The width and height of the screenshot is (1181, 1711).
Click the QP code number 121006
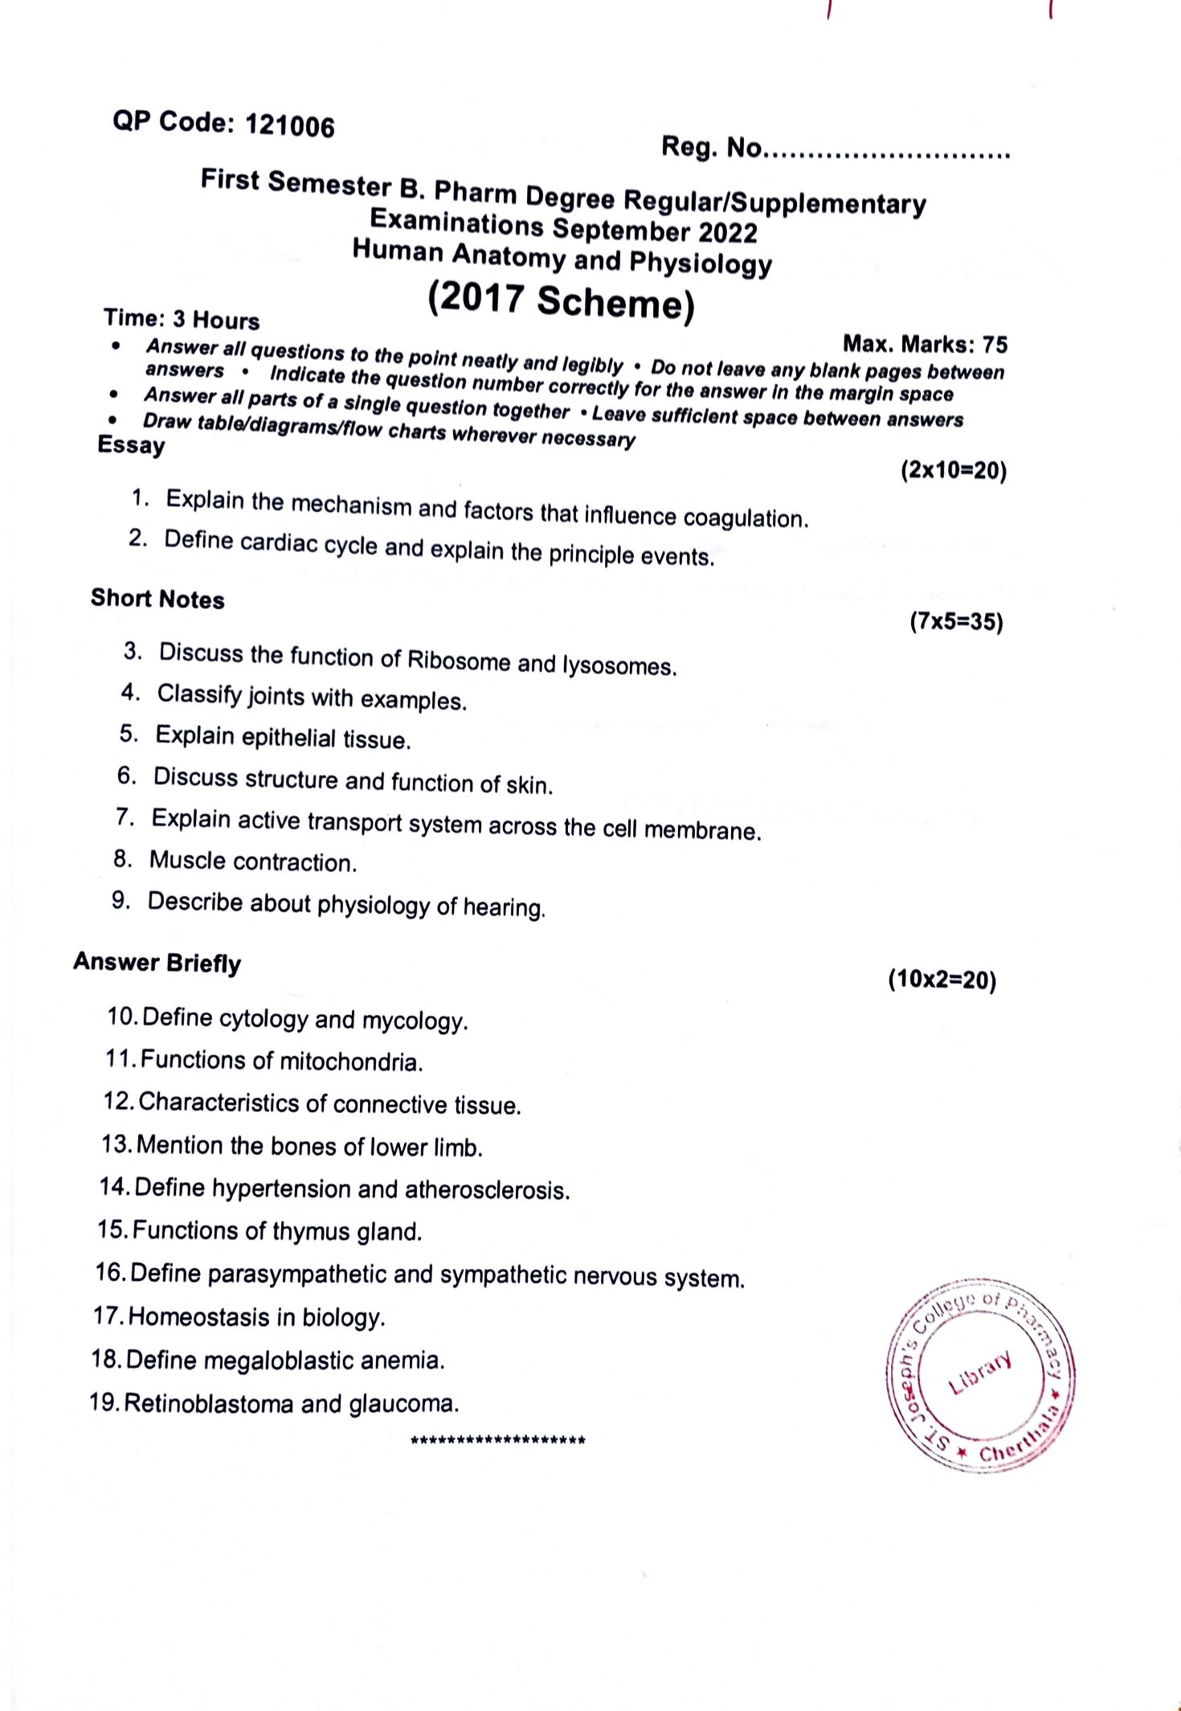pyautogui.click(x=289, y=126)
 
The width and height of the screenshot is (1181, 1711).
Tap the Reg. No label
pyautogui.click(x=710, y=147)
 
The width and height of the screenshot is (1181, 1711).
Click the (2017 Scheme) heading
pyautogui.click(x=561, y=301)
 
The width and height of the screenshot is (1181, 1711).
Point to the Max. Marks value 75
pyautogui.click(x=995, y=345)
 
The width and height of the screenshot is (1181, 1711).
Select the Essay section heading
pyautogui.click(x=131, y=444)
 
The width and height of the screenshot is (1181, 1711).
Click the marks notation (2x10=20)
pyautogui.click(x=953, y=470)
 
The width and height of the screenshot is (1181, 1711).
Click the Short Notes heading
pyautogui.click(x=157, y=599)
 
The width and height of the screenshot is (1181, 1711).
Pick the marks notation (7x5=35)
pyautogui.click(x=956, y=621)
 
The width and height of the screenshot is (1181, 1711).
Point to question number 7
pyautogui.click(x=125, y=817)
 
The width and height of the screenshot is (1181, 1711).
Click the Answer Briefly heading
pyautogui.click(x=157, y=963)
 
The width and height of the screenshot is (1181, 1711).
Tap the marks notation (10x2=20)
pyautogui.click(x=942, y=980)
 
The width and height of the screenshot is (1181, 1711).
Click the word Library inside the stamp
pyautogui.click(x=979, y=1373)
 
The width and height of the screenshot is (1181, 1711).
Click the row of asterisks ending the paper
pyautogui.click(x=498, y=1440)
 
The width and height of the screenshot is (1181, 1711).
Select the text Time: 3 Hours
pyautogui.click(x=182, y=319)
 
